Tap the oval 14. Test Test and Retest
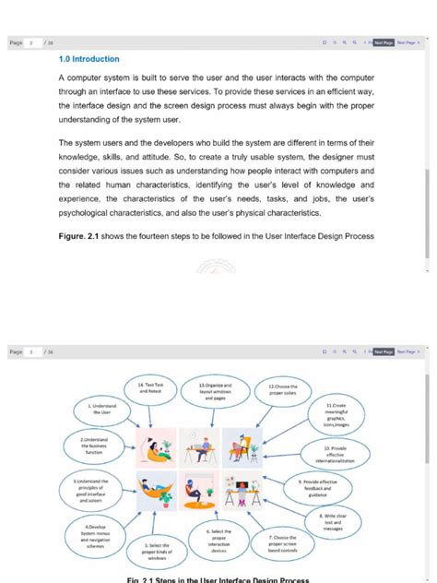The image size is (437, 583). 150,388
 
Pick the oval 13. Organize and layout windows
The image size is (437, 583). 215,389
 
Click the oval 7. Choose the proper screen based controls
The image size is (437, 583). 282,543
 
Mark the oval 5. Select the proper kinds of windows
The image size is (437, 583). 157,552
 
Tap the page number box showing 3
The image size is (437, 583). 32,351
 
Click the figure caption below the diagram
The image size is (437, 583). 218,579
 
